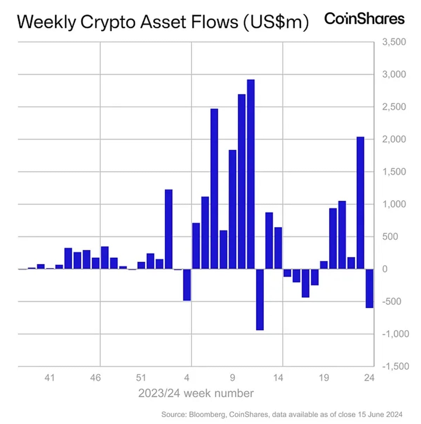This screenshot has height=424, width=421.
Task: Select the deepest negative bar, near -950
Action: [260, 299]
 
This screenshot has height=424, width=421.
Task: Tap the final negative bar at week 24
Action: [369, 288]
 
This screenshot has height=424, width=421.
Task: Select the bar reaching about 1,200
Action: [169, 229]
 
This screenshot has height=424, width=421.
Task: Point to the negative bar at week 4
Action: [187, 285]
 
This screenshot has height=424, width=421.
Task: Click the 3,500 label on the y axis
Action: [394, 42]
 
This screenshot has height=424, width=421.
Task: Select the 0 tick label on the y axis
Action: [385, 269]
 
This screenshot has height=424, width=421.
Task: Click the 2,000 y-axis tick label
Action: [394, 139]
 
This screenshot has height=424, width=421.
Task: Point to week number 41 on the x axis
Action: [49, 378]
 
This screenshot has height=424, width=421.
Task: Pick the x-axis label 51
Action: [141, 378]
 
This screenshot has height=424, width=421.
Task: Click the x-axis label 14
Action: [278, 378]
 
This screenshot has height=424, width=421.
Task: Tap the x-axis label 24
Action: [369, 378]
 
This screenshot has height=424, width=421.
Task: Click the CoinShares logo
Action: [364, 19]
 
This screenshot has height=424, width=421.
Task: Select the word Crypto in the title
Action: [107, 22]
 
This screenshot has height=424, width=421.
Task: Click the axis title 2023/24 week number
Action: [196, 393]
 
